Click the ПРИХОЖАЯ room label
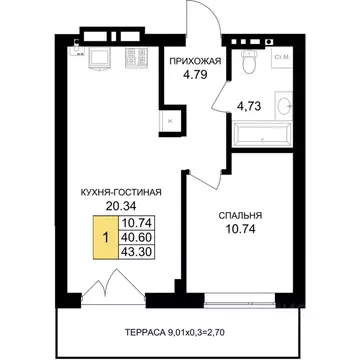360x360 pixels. (195, 61)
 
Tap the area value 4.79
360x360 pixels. (195, 74)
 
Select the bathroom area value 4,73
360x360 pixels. (248, 106)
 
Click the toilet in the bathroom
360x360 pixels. (248, 62)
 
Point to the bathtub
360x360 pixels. (263, 134)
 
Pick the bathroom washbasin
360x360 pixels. (284, 106)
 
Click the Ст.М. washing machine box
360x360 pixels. (282, 58)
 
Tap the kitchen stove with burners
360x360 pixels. (136, 56)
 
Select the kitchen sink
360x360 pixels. (99, 59)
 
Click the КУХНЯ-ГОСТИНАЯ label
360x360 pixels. (121, 192)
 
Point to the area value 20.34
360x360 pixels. (121, 206)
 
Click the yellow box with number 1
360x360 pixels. (106, 237)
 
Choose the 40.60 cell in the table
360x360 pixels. (137, 237)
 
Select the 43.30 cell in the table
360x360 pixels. (137, 252)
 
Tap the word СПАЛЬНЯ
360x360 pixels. (240, 216)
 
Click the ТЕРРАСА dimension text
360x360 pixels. (177, 332)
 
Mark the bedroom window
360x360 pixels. (239, 300)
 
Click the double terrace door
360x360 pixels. (113, 286)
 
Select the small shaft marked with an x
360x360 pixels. (170, 121)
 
